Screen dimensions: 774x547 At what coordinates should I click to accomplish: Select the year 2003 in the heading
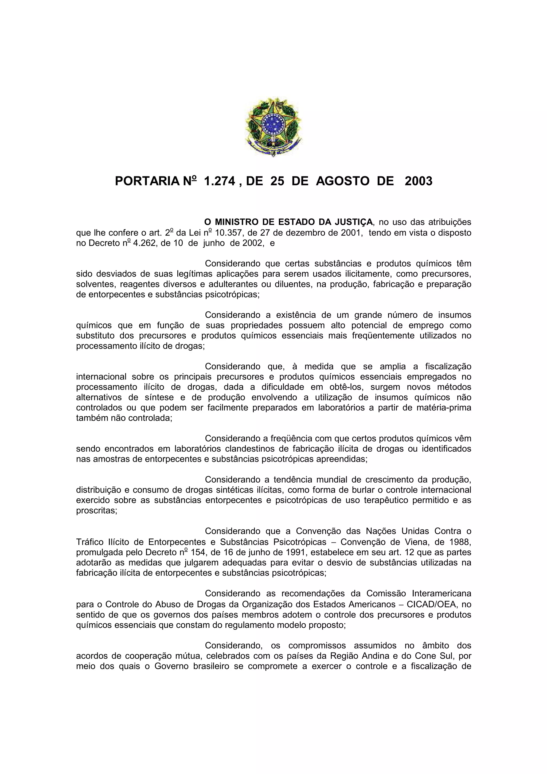(x=418, y=181)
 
